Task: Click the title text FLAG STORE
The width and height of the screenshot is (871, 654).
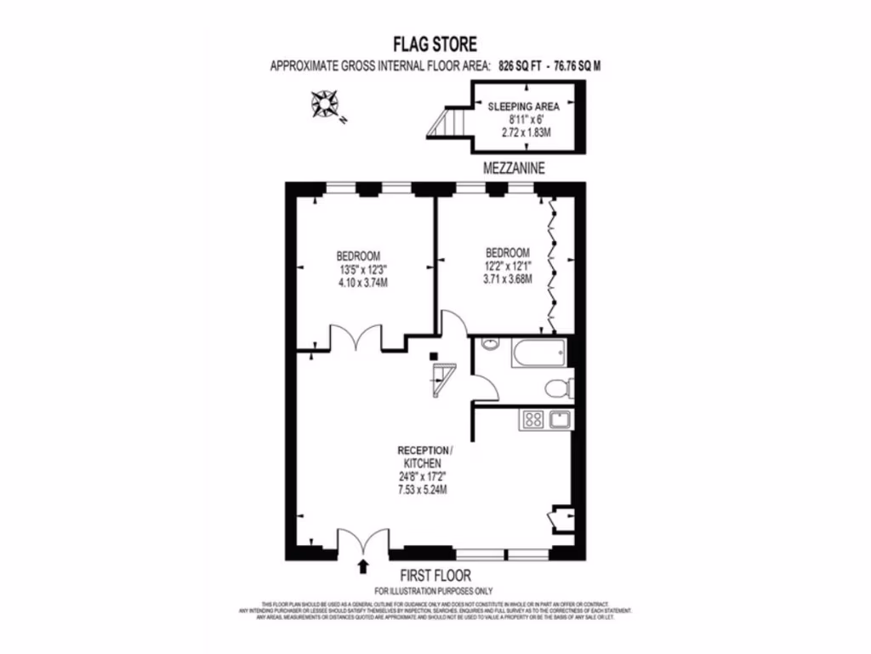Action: [x=435, y=43]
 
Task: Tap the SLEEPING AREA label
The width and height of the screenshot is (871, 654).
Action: [x=523, y=106]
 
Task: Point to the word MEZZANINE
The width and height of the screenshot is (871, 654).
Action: [x=513, y=169]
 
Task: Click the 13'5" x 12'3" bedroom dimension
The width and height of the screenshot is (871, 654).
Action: [x=358, y=268]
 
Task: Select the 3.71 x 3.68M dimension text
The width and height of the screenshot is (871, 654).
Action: [x=508, y=279]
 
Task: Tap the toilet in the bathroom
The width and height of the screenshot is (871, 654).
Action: [x=558, y=389]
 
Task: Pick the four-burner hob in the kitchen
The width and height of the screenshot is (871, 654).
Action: [x=533, y=418]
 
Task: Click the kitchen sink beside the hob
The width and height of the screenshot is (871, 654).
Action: [x=561, y=418]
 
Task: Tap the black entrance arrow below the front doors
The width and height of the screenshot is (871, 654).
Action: [x=365, y=564]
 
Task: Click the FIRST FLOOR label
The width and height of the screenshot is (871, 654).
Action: [x=434, y=576]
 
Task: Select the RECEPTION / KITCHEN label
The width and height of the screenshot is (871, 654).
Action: [x=425, y=456]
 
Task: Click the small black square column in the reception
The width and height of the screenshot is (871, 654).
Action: [x=434, y=355]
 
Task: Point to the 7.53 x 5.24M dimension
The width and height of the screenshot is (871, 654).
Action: [x=423, y=490]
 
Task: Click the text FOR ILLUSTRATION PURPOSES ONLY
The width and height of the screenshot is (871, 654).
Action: [x=434, y=591]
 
